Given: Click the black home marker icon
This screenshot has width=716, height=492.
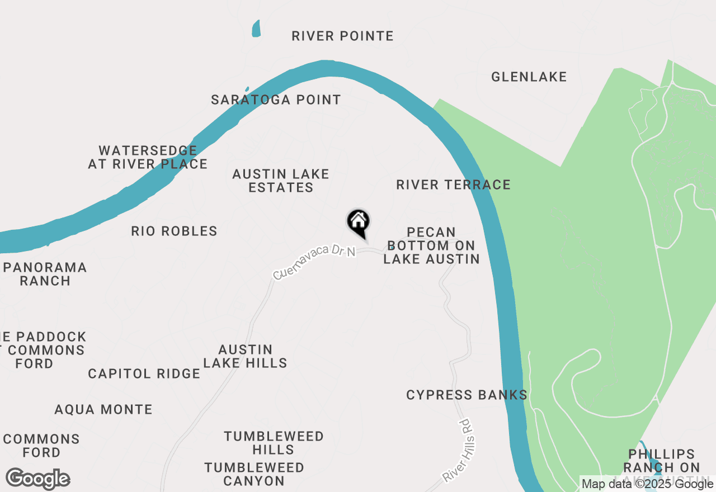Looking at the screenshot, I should coord(358,223).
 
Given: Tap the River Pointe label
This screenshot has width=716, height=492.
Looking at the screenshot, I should coord(342,36).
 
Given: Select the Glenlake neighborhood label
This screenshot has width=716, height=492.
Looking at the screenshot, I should coord(529,77).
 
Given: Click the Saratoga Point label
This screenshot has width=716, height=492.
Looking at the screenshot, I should coord(276,100).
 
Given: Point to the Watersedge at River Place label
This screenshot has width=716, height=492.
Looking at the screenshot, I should coord(148,158).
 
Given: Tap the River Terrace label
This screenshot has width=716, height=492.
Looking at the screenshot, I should coord(453,185).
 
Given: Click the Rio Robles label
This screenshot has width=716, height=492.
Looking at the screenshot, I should coord(174,231).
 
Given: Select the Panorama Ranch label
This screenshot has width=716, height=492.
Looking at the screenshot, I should coord(45,274).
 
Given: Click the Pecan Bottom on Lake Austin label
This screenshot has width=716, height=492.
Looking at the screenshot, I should coord(431,245).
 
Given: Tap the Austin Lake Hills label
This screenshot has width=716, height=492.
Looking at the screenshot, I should coord(245,356).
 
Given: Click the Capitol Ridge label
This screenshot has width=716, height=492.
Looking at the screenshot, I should coord(144,374).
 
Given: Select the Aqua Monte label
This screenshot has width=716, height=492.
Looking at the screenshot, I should coord(103,410).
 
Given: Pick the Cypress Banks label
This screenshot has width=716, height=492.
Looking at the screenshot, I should coord(467,395).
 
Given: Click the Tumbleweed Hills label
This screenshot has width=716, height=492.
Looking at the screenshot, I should coord(274,443).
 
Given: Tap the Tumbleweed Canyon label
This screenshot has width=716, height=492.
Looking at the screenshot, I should coord(254,474).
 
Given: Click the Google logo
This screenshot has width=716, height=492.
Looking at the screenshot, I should coord(38,479).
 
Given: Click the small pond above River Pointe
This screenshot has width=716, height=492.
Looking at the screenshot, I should coord(256,28).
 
